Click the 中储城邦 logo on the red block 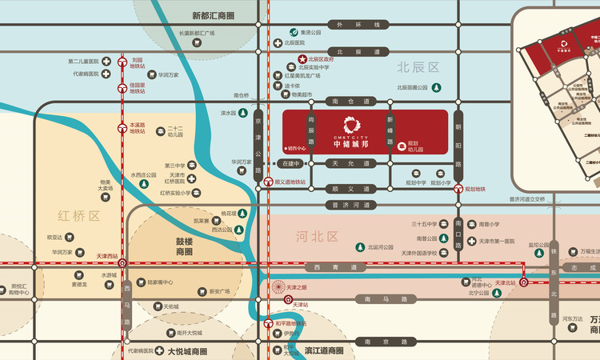(x=352, y=125)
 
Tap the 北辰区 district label (x=419, y=67)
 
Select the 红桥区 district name (x=78, y=216)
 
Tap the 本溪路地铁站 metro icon (x=122, y=126)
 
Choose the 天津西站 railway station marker (x=122, y=262)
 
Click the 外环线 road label (x=349, y=25)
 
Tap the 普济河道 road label (x=349, y=205)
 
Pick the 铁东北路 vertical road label (x=552, y=272)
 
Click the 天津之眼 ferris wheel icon (x=279, y=286)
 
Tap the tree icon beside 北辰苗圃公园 (x=438, y=87)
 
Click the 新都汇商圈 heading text (x=214, y=15)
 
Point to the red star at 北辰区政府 (x=302, y=58)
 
